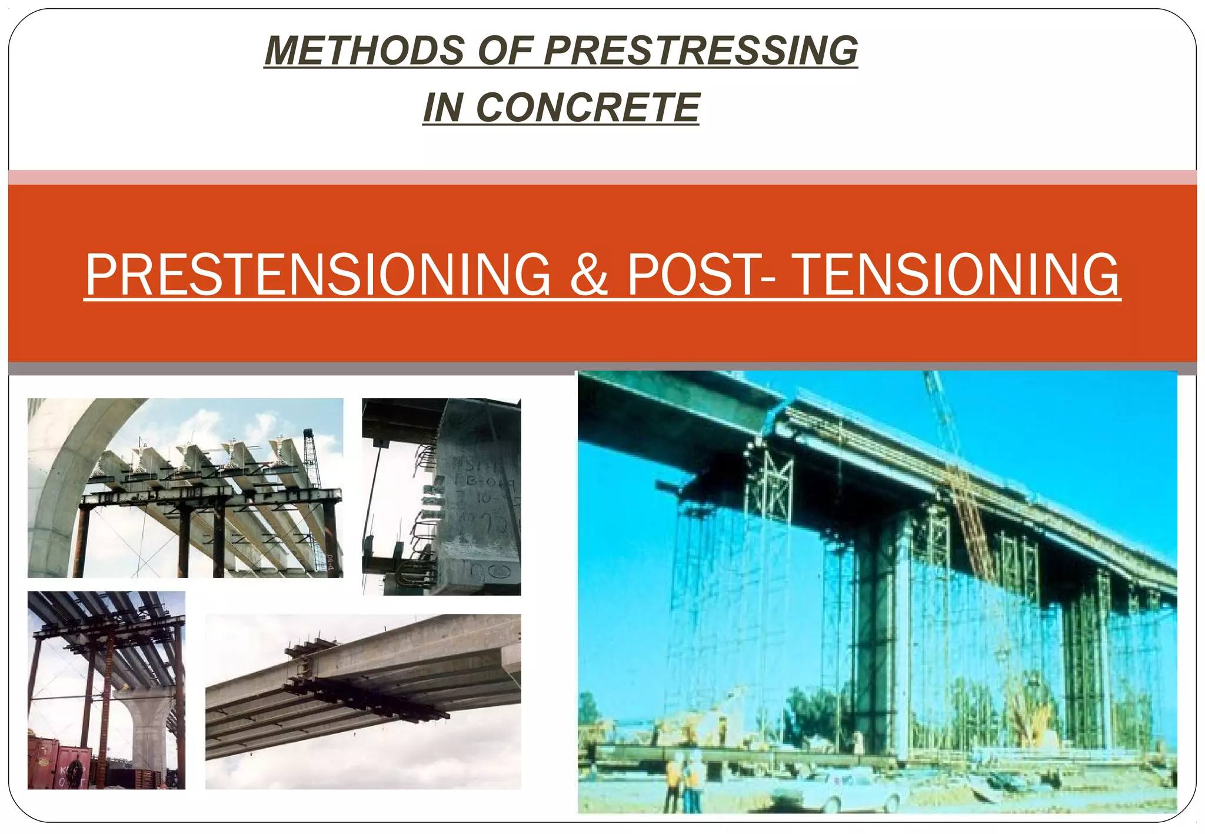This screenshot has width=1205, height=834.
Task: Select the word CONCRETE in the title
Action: (x=587, y=108)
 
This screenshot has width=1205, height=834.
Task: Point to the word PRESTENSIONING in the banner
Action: (x=318, y=275)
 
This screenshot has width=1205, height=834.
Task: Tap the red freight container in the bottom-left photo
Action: (x=59, y=765)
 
